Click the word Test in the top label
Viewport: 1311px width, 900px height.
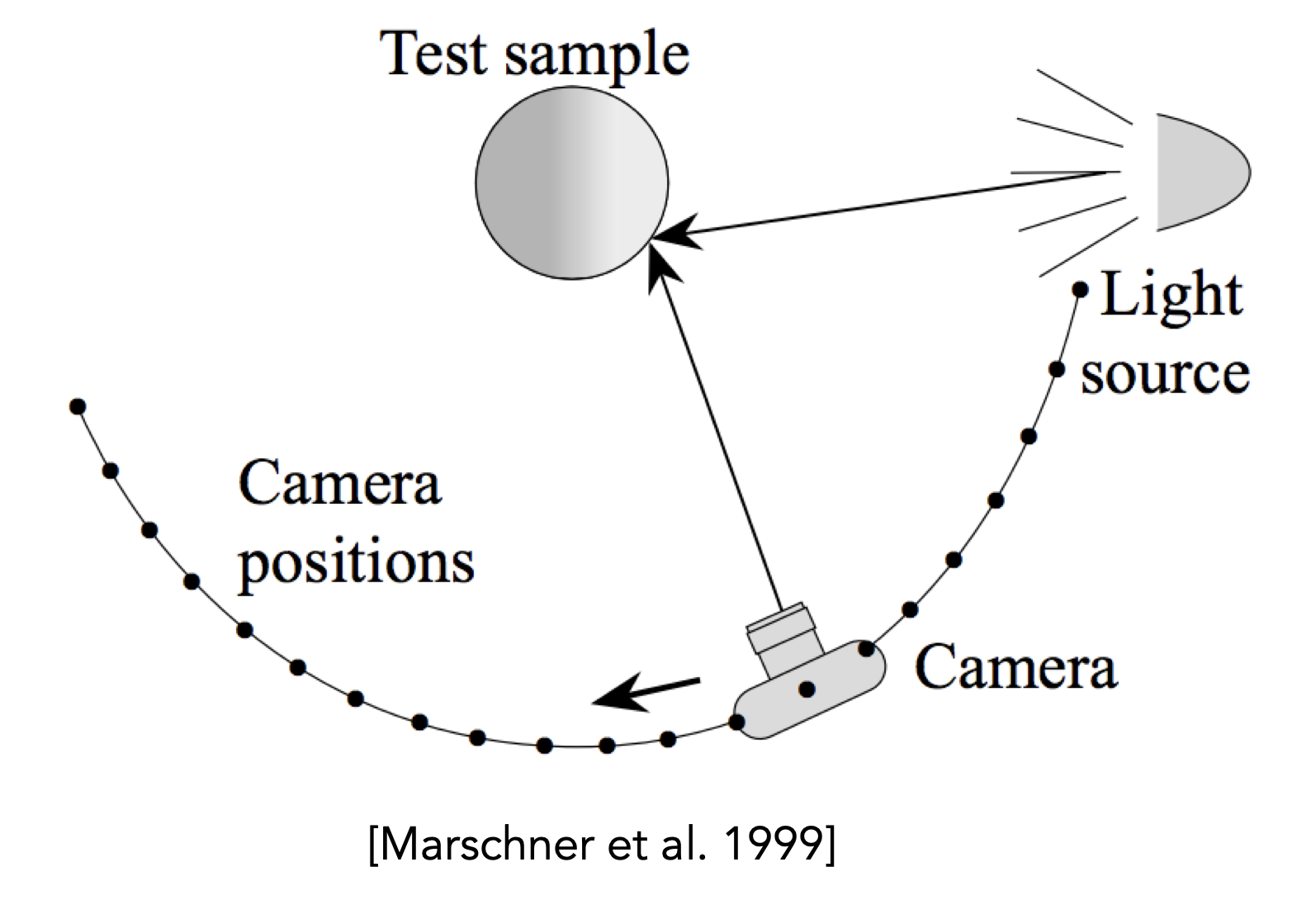click(x=433, y=53)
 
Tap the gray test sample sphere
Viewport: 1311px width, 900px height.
click(x=572, y=182)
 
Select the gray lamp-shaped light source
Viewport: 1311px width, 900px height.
click(x=1203, y=172)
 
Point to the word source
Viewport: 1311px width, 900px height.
click(x=1165, y=375)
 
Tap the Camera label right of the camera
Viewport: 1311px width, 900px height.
click(x=1016, y=667)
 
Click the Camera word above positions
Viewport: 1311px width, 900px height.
click(x=339, y=483)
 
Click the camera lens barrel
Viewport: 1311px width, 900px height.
click(x=784, y=640)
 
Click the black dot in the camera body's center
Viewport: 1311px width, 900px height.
click(x=807, y=689)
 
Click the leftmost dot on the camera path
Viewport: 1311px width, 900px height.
click(x=78, y=406)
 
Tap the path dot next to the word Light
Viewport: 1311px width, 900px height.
click(x=1081, y=290)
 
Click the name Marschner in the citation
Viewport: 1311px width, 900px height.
click(x=491, y=844)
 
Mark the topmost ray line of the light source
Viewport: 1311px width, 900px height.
click(x=1085, y=97)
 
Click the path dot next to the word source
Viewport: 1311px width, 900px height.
click(x=1057, y=369)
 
